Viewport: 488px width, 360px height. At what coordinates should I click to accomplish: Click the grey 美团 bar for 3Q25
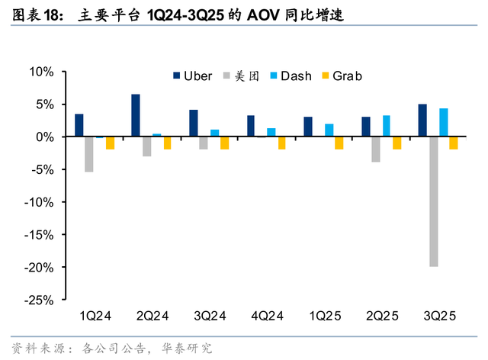pyautogui.click(x=433, y=201)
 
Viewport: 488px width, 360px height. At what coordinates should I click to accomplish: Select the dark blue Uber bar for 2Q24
pyautogui.click(x=136, y=116)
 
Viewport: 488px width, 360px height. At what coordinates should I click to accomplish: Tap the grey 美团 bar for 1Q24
pyautogui.click(x=89, y=154)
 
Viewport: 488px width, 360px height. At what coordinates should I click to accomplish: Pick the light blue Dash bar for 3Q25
pyautogui.click(x=444, y=123)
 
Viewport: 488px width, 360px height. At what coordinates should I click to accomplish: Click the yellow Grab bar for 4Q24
pyautogui.click(x=282, y=143)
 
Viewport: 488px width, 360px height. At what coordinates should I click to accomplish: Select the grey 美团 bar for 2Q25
pyautogui.click(x=376, y=149)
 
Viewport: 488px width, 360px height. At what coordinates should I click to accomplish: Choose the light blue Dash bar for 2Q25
pyautogui.click(x=387, y=126)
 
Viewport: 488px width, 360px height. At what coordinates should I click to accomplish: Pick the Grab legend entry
pyautogui.click(x=340, y=76)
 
